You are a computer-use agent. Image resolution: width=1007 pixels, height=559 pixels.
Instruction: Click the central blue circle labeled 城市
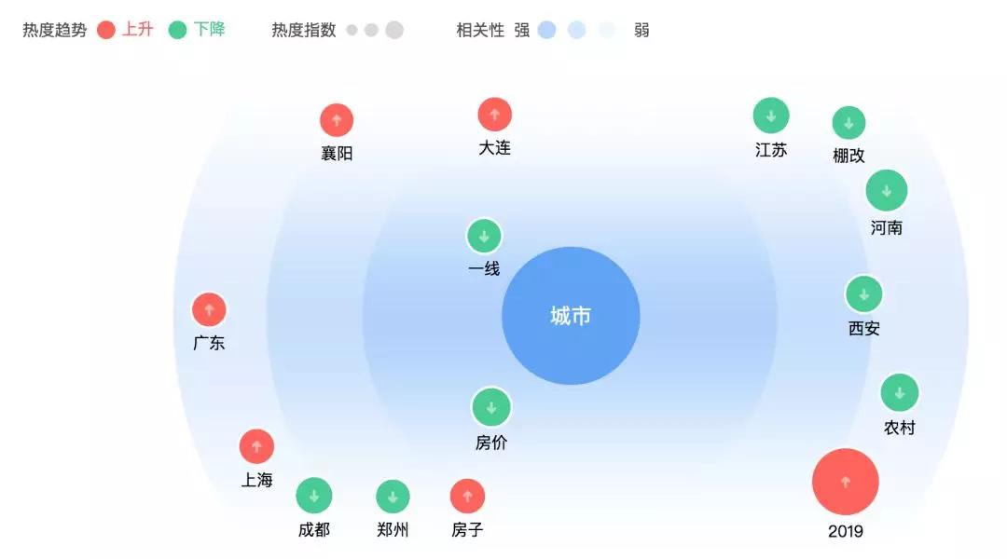pos(571,316)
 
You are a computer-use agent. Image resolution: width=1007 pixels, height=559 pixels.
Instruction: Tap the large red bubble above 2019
pos(845,482)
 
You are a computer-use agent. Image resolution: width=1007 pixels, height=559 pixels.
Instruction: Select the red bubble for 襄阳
pos(337,120)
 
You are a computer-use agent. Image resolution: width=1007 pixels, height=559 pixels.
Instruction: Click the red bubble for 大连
pos(494,115)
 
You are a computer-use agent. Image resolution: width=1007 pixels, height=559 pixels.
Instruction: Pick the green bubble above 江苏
pos(771,116)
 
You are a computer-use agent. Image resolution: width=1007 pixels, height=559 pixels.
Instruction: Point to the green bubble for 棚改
pos(848,123)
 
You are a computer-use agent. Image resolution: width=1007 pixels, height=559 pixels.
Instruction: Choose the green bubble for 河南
pos(887,191)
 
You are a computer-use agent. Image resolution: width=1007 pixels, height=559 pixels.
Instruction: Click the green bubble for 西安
pos(863,294)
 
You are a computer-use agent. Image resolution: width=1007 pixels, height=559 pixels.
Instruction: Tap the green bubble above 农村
pos(899,393)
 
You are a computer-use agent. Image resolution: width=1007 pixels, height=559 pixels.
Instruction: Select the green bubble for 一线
pos(484,237)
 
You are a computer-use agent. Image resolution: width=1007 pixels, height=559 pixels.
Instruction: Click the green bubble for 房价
pos(491,407)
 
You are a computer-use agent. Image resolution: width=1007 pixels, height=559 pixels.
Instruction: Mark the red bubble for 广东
pos(209,310)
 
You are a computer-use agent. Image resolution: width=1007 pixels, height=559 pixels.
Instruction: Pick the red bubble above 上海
pos(257,446)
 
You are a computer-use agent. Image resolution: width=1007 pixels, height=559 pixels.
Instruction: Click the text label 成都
pos(314,529)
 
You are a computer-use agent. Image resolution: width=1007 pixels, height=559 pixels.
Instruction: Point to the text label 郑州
pos(393,529)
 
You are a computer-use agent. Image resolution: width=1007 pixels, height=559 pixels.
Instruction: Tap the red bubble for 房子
pos(467,496)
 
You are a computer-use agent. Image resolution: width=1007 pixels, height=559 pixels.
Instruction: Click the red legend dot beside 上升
pos(106,30)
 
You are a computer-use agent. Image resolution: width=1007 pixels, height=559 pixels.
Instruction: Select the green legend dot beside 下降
pos(177,30)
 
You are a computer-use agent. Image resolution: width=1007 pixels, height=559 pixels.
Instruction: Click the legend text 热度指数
pos(304,30)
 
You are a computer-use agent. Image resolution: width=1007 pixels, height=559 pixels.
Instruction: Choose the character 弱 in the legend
pos(641,30)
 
